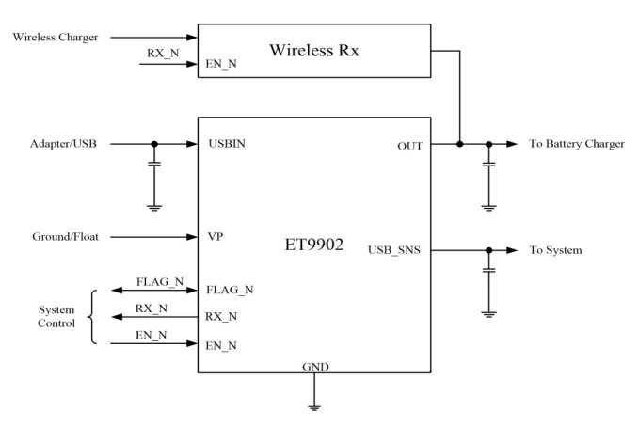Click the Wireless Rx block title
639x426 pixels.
tap(315, 49)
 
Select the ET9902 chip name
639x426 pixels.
tap(314, 243)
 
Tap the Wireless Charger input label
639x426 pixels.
tap(53, 37)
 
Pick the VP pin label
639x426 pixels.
tap(216, 238)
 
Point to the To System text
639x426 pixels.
tap(554, 251)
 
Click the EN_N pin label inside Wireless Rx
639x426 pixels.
tap(223, 64)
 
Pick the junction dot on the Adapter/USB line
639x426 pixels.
tap(155, 144)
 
